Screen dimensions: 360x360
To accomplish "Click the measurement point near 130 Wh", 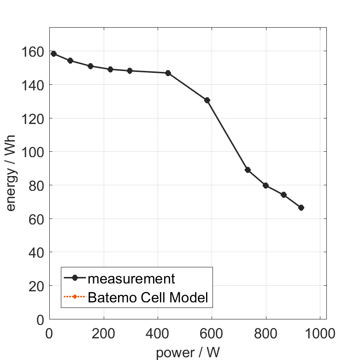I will click(207, 100).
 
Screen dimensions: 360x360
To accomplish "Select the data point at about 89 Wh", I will click(248, 170).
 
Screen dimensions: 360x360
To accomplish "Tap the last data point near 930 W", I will click(301, 207).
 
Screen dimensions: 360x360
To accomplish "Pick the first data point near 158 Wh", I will click(53, 53).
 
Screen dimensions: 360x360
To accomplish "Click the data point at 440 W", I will click(168, 73).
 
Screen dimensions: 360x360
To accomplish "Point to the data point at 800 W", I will click(266, 185).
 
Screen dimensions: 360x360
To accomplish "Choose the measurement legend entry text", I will click(131, 278).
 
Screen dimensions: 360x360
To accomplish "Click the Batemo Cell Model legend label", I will click(148, 297).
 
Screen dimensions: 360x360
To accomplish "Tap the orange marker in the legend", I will click(75, 297).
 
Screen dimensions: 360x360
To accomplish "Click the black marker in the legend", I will click(75, 278).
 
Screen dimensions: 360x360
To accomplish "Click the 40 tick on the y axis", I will click(37, 253).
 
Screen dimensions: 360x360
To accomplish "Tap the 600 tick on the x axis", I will click(212, 332).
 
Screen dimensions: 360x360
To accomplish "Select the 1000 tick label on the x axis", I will click(319, 332).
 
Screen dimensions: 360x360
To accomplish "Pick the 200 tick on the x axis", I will click(104, 332).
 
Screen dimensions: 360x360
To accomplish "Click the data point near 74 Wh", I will click(283, 195).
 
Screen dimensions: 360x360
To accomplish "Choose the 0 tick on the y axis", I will click(41, 319).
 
